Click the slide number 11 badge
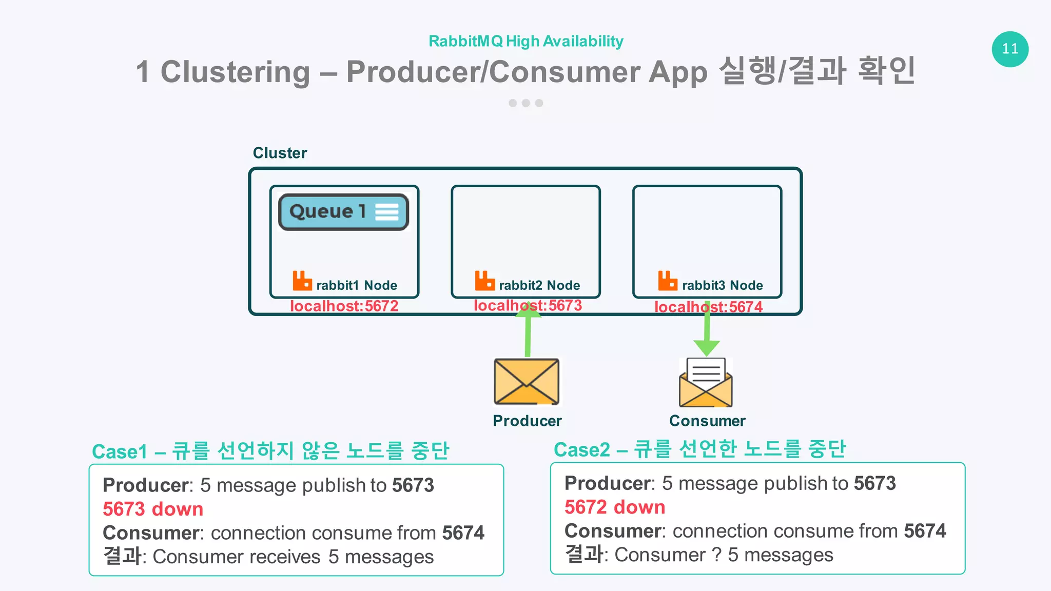pos(1010,49)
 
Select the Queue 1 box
pos(343,212)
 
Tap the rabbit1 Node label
pos(357,285)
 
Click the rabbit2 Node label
pos(539,285)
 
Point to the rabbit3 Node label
pos(722,285)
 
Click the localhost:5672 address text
pos(344,306)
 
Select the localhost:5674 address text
pos(708,307)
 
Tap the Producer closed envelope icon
pos(527,382)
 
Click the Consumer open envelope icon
pos(706,383)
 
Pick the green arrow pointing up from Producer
pos(528,331)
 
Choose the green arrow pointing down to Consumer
pos(707,333)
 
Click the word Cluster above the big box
pos(280,153)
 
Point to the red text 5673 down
pos(153,509)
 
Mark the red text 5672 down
pos(615,507)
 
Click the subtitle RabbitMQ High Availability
pos(525,41)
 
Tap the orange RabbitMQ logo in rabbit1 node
pos(302,281)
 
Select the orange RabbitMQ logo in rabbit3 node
pos(668,281)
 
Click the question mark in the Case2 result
pos(716,555)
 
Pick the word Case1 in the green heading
pos(120,451)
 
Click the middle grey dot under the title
pos(525,103)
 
